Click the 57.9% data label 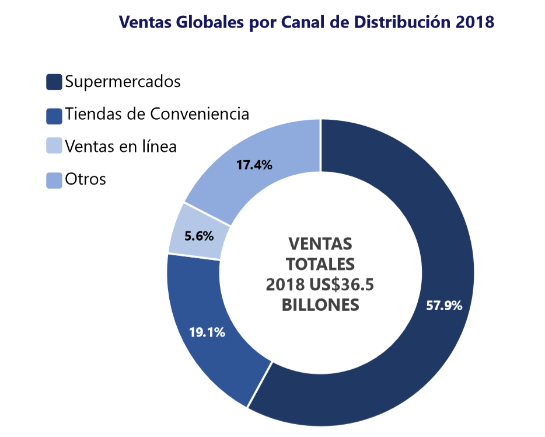(x=444, y=305)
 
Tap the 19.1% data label (x=207, y=332)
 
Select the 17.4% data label (x=254, y=165)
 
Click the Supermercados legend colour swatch (x=54, y=82)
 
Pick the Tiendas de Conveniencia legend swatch (x=54, y=115)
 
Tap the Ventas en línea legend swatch (x=54, y=146)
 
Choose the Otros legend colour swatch (x=54, y=180)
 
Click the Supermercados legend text (x=123, y=82)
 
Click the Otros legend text (x=86, y=178)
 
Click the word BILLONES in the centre (x=320, y=305)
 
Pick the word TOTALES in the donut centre (x=320, y=263)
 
